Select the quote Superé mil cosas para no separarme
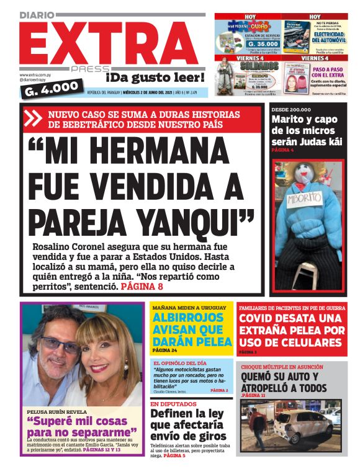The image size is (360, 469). tap(81, 426)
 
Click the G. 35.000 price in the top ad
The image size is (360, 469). tap(246, 45)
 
